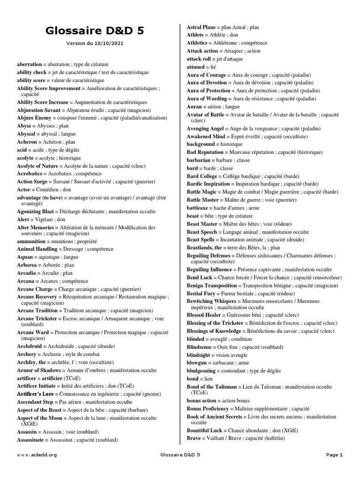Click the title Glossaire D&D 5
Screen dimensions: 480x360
(95, 31)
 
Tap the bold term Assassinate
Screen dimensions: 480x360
(31, 440)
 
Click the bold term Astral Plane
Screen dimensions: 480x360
(201, 28)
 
